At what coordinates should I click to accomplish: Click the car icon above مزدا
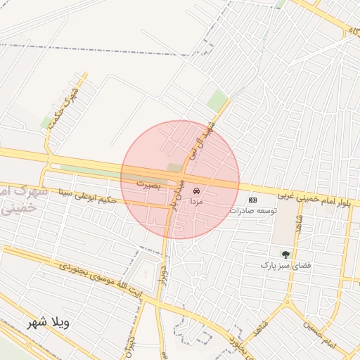(197, 190)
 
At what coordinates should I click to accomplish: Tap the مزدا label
(197, 200)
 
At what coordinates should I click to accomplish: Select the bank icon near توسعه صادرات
(253, 200)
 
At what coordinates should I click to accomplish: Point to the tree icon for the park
(285, 254)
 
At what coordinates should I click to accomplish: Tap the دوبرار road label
(163, 276)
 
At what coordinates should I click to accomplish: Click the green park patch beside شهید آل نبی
(218, 100)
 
